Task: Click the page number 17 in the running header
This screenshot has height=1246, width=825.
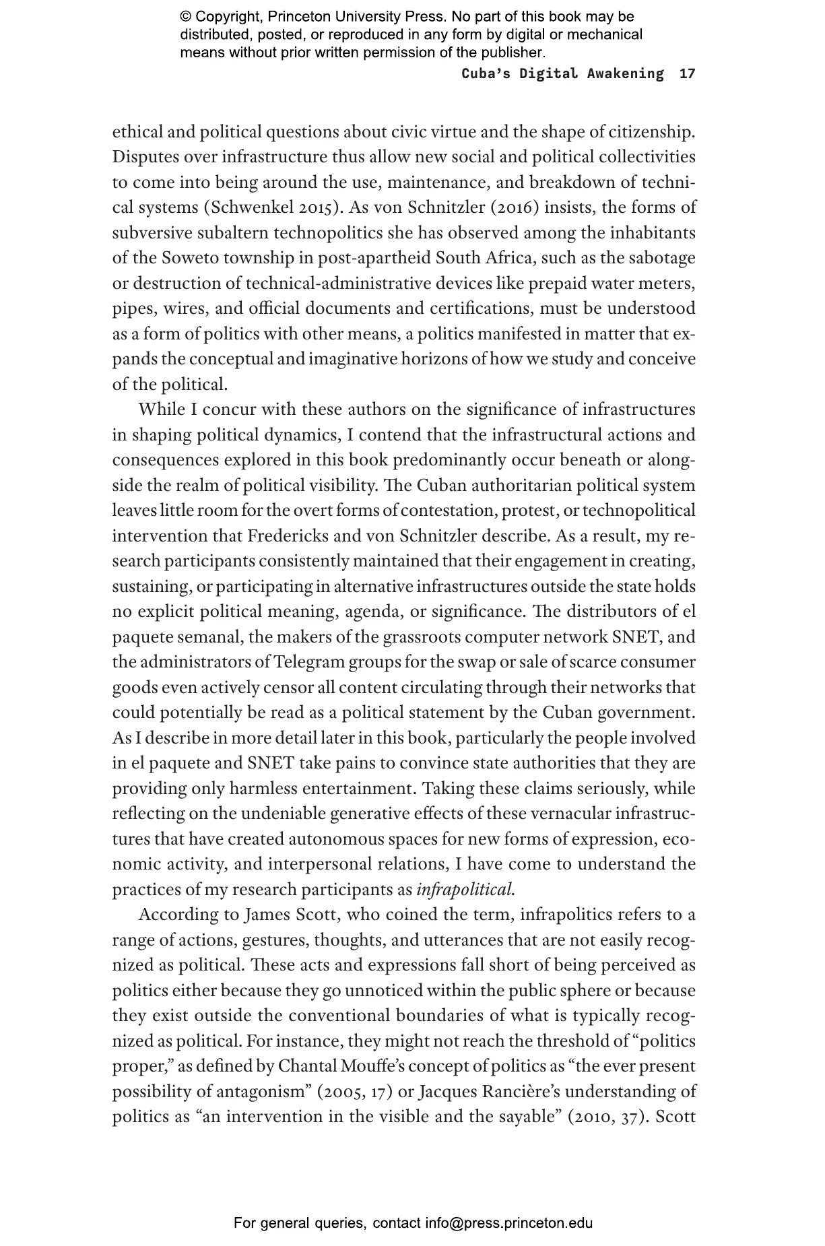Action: coord(687,73)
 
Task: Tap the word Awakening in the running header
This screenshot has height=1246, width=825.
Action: coord(625,73)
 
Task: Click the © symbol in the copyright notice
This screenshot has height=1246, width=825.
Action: coord(186,17)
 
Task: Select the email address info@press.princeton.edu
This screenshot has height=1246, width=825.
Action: coord(508,1223)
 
